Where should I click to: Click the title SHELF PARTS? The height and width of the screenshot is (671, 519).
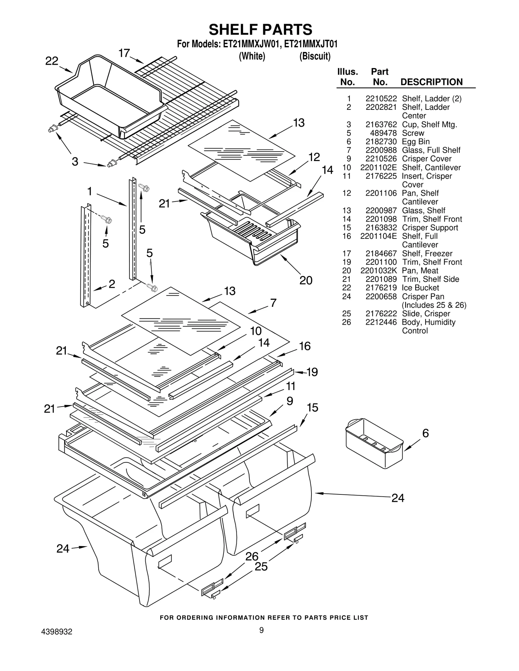pos(260,29)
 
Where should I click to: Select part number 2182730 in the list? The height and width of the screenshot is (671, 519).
pos(381,142)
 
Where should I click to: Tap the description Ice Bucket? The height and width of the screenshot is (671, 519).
pos(420,288)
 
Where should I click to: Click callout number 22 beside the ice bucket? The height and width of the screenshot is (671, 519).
pos(52,61)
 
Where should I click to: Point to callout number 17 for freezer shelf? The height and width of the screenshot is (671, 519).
pos(124,53)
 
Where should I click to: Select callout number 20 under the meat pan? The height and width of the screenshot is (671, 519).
pos(306,280)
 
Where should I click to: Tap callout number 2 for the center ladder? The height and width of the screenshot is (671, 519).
pos(112,284)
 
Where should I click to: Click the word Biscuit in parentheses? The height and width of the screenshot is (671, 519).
pos(315,56)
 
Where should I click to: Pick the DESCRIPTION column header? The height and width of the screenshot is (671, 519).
pos(431,82)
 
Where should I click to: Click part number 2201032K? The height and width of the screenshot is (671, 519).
pos(379,271)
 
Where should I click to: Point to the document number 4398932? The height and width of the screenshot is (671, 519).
pos(57,632)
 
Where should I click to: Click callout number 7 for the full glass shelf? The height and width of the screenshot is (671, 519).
pos(273,303)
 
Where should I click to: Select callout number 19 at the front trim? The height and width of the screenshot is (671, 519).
pos(312,372)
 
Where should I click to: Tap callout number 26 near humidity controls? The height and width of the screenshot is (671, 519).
pos(252,556)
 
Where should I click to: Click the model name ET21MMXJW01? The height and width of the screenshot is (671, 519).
pos(250,44)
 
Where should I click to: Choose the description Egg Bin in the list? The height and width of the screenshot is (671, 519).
pos(416,142)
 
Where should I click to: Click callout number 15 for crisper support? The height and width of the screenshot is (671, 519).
pos(312,408)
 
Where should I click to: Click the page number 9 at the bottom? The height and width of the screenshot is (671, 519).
pos(261,630)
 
